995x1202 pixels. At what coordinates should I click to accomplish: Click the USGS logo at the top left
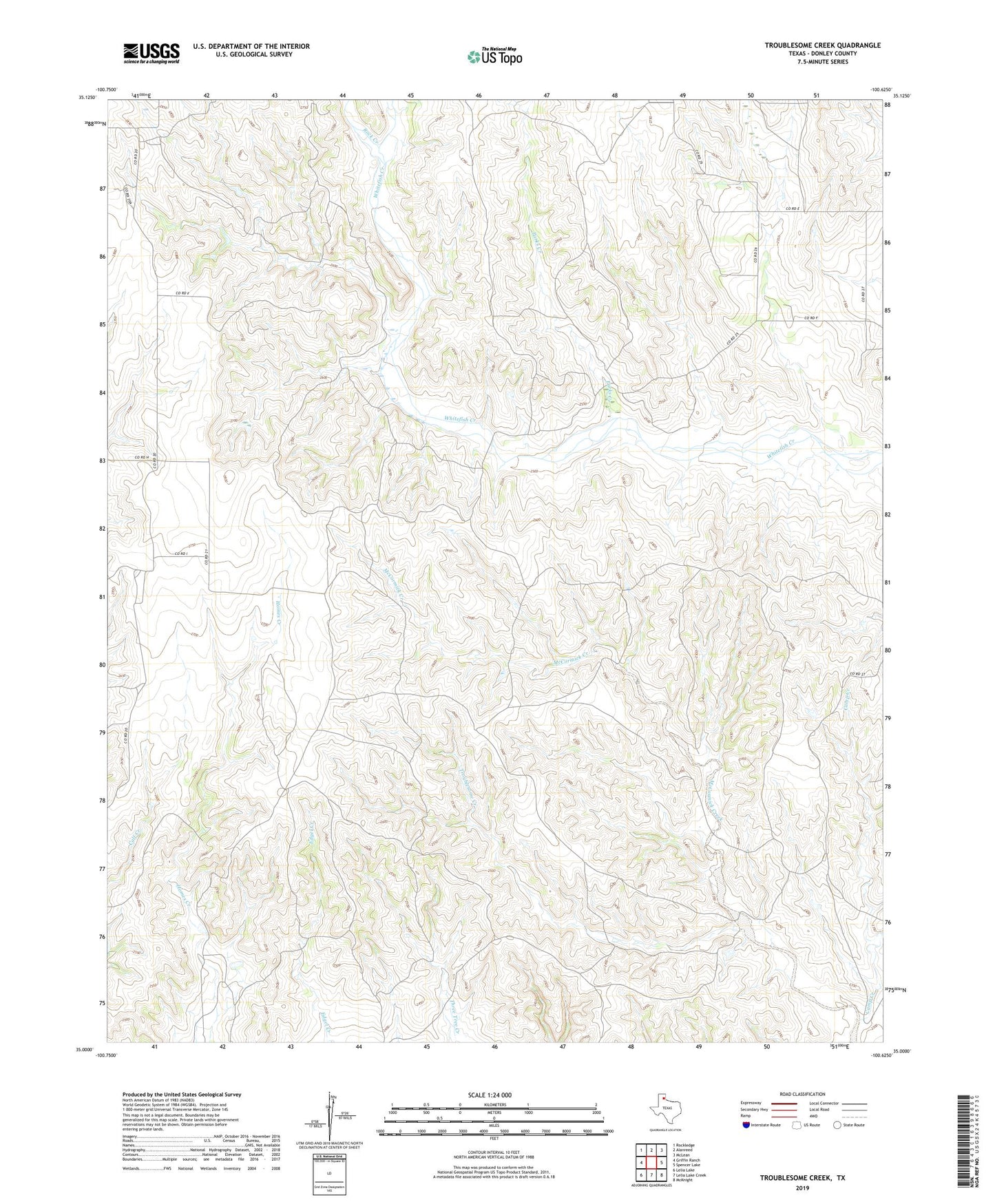[x=151, y=53]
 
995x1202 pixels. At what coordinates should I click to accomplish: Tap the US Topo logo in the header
[x=494, y=57]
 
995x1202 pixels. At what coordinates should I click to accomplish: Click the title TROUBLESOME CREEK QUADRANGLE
[x=822, y=45]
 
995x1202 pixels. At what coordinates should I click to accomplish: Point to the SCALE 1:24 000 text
[x=490, y=1095]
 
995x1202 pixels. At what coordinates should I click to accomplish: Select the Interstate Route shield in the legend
[x=746, y=1125]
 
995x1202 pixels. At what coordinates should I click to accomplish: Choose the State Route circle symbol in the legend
[x=837, y=1125]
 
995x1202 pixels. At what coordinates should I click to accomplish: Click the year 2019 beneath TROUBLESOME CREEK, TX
[x=802, y=1188]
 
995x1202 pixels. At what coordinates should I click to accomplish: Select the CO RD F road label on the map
[x=810, y=317]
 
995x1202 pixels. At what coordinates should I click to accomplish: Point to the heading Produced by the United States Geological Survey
[x=182, y=1094]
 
